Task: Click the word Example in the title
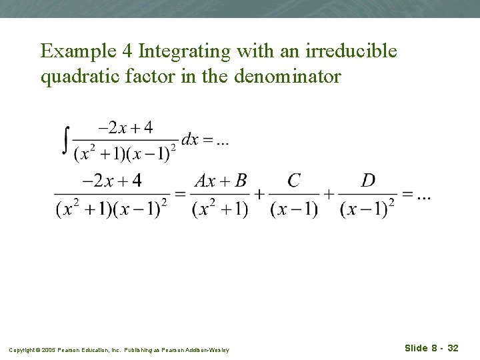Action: pyautogui.click(x=75, y=51)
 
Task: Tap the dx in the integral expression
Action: pyautogui.click(x=190, y=139)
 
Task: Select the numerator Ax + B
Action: pyautogui.click(x=221, y=181)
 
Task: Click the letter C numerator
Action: pyautogui.click(x=294, y=181)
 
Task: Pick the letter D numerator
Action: pyautogui.click(x=368, y=181)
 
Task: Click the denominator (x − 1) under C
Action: pyautogui.click(x=294, y=209)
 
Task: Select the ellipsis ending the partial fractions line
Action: pyautogui.click(x=423, y=195)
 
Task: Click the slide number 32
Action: pyautogui.click(x=453, y=348)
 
